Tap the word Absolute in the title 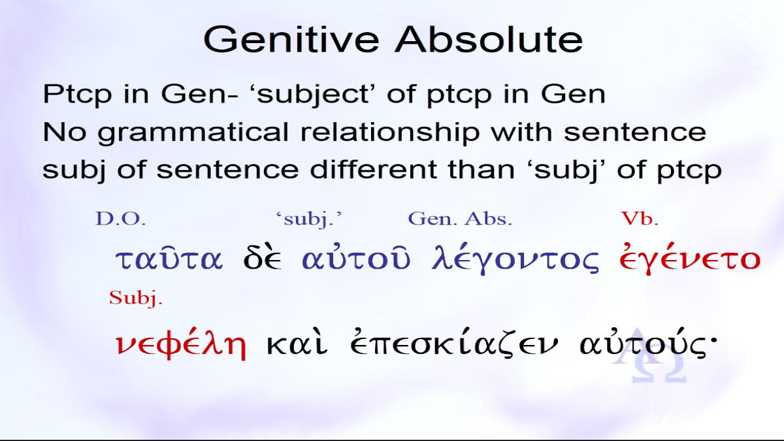[489, 39]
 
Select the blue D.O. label [120, 219]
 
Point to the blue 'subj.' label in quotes [308, 220]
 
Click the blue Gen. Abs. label [460, 219]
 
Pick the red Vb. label [640, 218]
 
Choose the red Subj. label [136, 299]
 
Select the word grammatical [193, 133]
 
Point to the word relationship [390, 133]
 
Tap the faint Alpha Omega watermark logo [649, 357]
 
